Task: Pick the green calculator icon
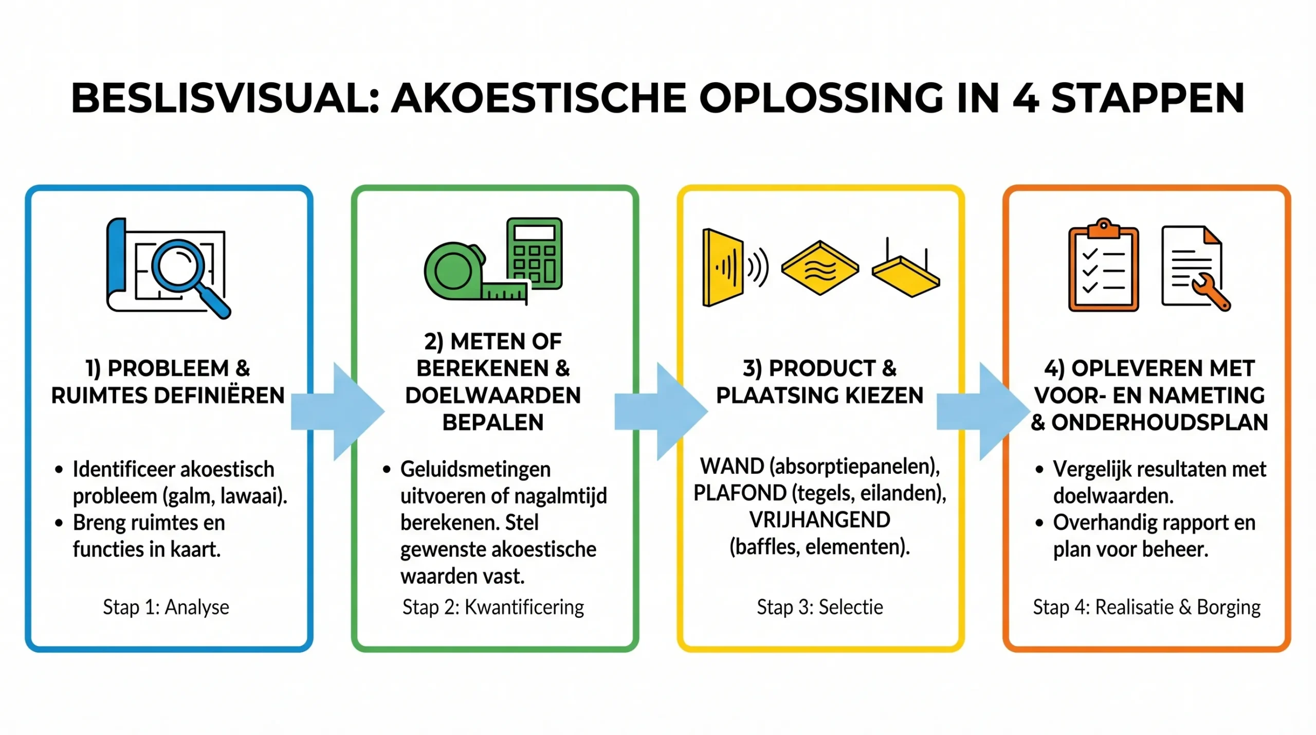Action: click(535, 253)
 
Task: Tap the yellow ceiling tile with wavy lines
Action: click(819, 268)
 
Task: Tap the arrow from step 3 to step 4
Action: click(983, 411)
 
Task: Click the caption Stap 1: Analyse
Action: click(166, 607)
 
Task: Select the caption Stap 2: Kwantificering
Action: click(493, 607)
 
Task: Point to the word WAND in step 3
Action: click(732, 467)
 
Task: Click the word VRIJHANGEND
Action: click(819, 520)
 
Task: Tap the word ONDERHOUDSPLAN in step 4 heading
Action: click(1160, 423)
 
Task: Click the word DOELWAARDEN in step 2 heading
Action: click(493, 396)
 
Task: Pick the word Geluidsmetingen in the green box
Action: click(476, 470)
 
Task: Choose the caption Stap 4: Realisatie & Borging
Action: click(1146, 607)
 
